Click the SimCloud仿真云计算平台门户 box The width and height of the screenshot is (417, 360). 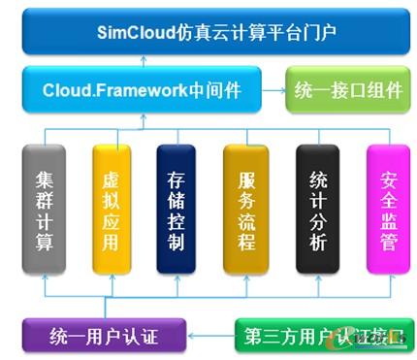pyautogui.click(x=208, y=30)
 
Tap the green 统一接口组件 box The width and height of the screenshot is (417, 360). pyautogui.click(x=348, y=91)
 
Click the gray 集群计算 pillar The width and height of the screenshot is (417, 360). pyautogui.click(x=45, y=210)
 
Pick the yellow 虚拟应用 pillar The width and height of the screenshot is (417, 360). pyautogui.click(x=109, y=210)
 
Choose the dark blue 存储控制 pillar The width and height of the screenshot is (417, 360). pyautogui.click(x=175, y=210)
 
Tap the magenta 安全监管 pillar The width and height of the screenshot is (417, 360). pyautogui.click(x=382, y=210)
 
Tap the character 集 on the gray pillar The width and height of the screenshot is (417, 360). pyautogui.click(x=45, y=180)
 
